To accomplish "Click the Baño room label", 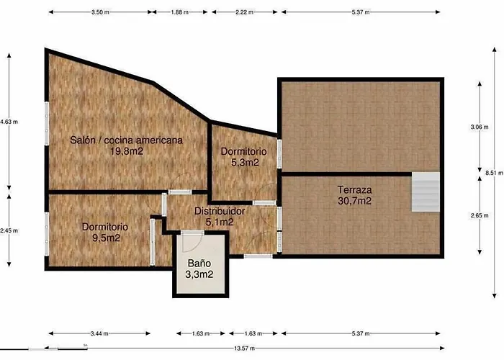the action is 199,264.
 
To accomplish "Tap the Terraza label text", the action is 354,189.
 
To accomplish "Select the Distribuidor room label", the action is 220,211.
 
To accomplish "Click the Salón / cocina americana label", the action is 126,140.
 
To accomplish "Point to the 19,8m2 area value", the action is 127,151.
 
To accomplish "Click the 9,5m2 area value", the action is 106,238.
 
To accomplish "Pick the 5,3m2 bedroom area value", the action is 245,162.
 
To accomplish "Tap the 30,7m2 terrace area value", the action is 354,201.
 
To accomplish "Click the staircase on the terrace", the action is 426,192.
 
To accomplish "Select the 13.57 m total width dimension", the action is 245,348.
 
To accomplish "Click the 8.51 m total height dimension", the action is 494,173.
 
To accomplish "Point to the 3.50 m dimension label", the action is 100,12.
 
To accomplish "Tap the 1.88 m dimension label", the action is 180,12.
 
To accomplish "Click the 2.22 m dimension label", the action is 244,12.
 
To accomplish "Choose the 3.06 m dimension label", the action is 480,127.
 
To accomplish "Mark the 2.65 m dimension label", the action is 480,215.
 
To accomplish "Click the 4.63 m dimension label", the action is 9,122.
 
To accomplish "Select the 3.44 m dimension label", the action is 99,333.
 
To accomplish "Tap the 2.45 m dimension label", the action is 9,230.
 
